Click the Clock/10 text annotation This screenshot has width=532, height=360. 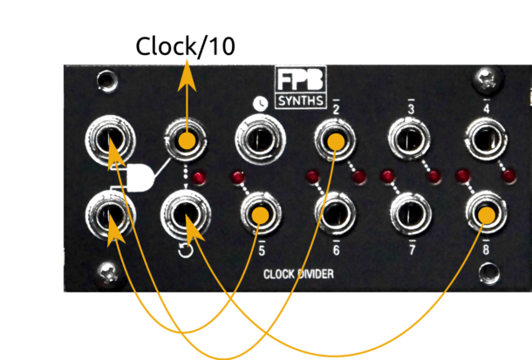click(x=185, y=47)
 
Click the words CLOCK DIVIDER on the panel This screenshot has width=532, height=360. click(x=298, y=275)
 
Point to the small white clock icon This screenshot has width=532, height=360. click(x=259, y=104)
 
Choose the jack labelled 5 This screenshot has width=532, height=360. click(x=258, y=213)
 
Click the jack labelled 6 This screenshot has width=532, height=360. click(x=335, y=213)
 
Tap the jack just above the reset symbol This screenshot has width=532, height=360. click(x=185, y=213)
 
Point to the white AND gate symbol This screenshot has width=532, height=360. click(x=140, y=177)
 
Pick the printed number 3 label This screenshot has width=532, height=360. click(x=411, y=108)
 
